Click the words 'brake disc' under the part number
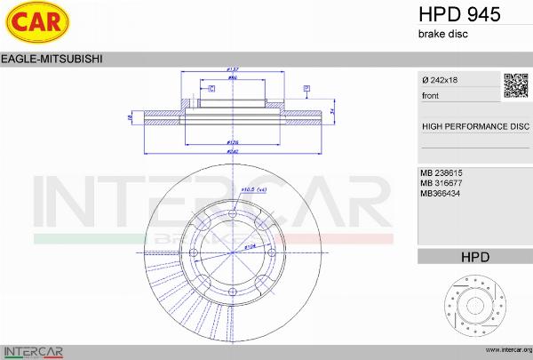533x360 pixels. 442,34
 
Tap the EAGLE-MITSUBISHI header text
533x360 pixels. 52,59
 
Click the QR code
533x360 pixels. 516,85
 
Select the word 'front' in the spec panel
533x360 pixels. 430,95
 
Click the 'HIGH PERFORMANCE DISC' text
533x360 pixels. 474,126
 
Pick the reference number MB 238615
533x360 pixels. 442,172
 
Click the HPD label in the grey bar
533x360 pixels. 474,257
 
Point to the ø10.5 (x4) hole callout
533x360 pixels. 255,189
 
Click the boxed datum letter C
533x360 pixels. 211,89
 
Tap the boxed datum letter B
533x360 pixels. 306,89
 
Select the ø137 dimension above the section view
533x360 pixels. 234,69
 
